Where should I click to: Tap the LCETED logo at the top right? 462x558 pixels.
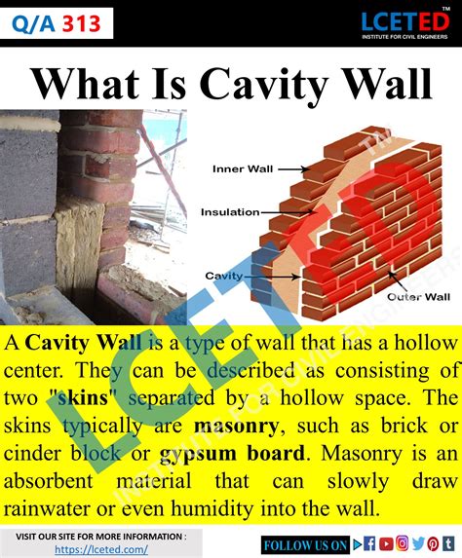[403, 23]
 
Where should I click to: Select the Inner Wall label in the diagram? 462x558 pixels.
[242, 168]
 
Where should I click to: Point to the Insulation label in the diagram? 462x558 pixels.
[230, 211]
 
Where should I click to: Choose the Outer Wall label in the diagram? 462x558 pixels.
[418, 295]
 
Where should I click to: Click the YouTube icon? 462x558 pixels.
[387, 543]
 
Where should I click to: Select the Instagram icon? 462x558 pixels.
[403, 543]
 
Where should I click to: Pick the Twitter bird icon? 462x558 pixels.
[418, 543]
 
